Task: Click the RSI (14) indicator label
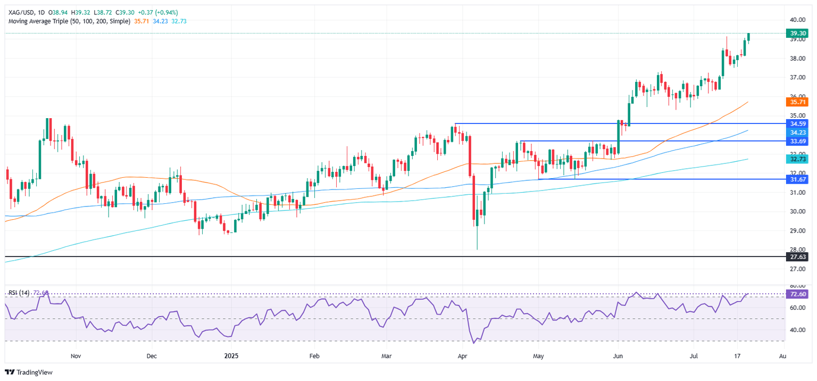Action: (20, 293)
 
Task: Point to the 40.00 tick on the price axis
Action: (796, 20)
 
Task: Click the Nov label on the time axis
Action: (76, 354)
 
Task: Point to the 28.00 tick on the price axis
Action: (796, 250)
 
